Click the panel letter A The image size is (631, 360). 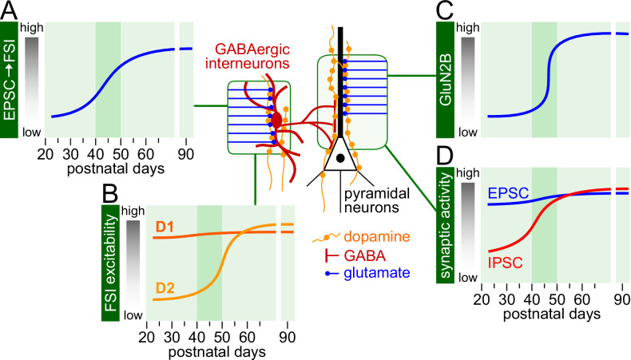coord(10,10)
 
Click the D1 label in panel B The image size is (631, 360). coord(165,228)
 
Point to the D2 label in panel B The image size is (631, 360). coord(166,287)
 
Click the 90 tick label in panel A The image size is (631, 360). coord(185,153)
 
